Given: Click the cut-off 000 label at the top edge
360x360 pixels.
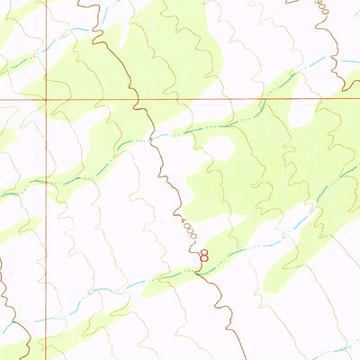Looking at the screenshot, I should click(x=322, y=7).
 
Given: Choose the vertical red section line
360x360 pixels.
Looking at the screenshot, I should click(x=45, y=225).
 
